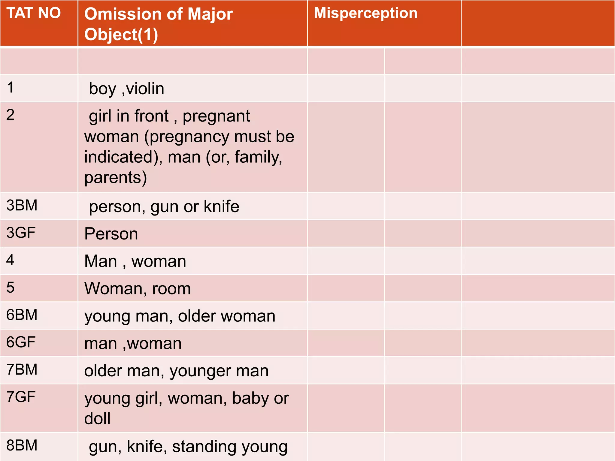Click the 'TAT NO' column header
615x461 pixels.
(34, 13)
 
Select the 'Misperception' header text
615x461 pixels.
(365, 14)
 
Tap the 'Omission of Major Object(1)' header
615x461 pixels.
(159, 24)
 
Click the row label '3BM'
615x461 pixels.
(22, 205)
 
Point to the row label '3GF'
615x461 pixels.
(21, 233)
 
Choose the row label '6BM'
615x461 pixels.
(22, 315)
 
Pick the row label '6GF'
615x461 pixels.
(21, 342)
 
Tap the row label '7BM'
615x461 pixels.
(22, 369)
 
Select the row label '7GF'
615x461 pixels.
(21, 397)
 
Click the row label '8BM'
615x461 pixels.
(22, 445)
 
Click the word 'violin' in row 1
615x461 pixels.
(145, 89)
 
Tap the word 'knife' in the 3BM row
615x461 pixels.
(221, 206)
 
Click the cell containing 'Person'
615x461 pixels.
(192, 234)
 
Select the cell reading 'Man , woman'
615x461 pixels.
(192, 261)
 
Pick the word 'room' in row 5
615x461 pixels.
(171, 289)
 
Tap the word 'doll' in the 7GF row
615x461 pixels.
(97, 418)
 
